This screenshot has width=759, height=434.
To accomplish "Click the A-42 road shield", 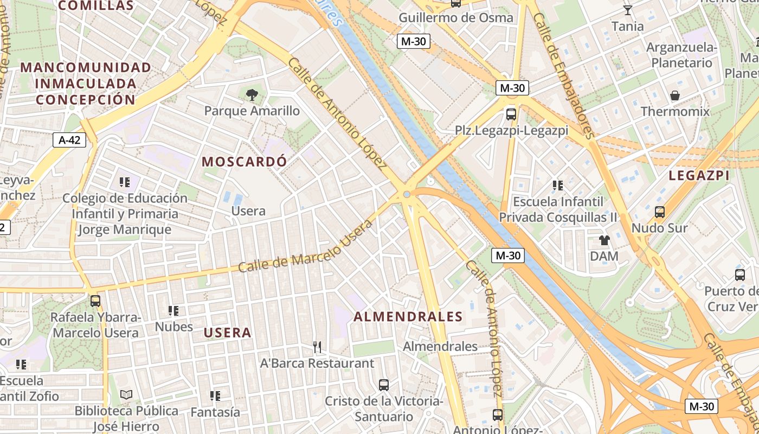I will pos(69,140).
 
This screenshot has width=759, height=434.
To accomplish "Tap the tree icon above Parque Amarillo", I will pos(252,95).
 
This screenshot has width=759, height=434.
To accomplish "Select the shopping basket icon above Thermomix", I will pos(675,96).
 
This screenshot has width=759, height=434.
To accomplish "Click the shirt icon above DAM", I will pos(604,240).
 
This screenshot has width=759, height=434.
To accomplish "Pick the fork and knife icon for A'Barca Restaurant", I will pos(317,347).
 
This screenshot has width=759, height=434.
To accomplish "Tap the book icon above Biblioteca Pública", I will pos(126,394).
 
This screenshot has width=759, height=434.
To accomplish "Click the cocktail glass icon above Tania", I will pos(628,10).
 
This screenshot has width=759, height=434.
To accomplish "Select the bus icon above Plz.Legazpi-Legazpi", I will pos(511,114).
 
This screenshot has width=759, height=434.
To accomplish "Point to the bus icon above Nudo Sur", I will pos(660,212).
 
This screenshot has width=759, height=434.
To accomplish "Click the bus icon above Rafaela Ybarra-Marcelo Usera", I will pos(95,300).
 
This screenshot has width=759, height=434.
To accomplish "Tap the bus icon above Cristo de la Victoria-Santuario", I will pos(384,385).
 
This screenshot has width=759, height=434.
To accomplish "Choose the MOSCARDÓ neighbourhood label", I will pos(244,161).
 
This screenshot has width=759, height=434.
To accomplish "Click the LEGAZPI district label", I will pos(699,175).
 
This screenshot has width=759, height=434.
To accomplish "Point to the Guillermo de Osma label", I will pos(456,17).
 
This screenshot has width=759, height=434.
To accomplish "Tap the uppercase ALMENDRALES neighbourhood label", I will pos(408,317).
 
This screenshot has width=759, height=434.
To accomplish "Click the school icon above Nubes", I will pos(173,311).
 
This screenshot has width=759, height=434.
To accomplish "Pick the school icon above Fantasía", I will pos(215,396).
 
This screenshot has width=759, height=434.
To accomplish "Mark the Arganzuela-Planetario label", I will pos(682,55).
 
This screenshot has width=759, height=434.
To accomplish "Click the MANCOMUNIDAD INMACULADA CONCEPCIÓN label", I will pos(86,84).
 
